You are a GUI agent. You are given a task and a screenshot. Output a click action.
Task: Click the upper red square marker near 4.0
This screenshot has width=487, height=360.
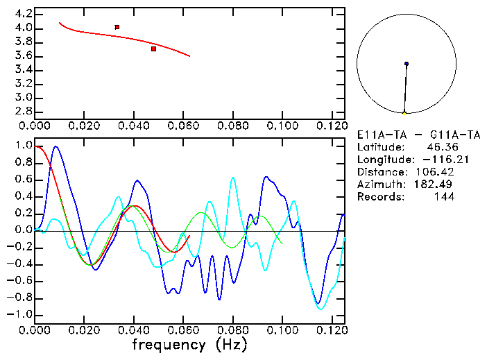117,27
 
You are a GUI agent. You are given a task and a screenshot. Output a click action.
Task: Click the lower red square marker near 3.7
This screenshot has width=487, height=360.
153,49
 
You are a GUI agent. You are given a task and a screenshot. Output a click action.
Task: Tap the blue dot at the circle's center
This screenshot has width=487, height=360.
407,64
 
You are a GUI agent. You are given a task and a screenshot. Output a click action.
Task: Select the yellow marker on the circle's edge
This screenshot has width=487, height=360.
404,112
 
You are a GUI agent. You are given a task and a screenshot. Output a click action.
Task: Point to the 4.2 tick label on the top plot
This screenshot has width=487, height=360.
24,14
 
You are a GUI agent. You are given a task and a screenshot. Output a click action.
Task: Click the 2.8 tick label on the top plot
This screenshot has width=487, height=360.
24,111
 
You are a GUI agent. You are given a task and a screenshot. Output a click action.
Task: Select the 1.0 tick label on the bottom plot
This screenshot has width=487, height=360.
24,146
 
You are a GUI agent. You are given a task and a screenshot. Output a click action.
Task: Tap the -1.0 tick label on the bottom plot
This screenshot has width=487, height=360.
21,314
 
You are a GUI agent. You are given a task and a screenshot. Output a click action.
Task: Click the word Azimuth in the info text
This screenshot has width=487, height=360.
379,185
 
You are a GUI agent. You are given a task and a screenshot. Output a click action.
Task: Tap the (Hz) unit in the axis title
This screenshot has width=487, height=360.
230,344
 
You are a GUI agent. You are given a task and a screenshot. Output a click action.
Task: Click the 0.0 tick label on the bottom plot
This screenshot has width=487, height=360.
24,230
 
